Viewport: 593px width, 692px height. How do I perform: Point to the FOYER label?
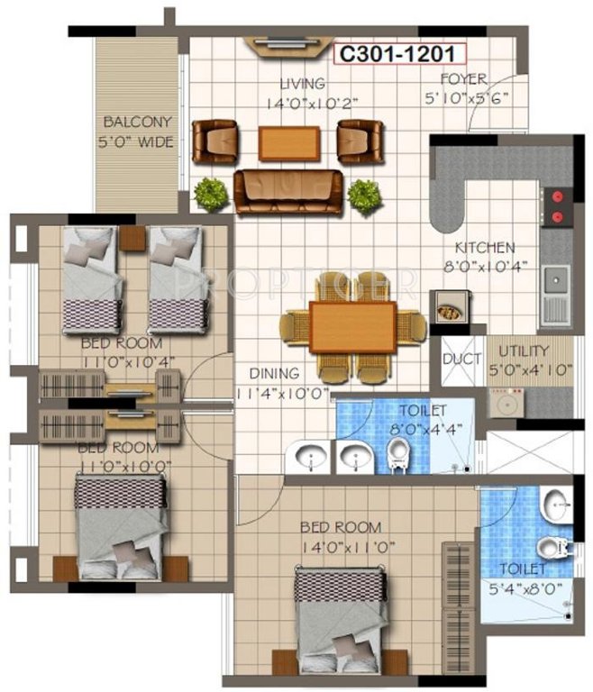point(465,79)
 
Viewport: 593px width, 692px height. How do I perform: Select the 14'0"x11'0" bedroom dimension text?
point(341,546)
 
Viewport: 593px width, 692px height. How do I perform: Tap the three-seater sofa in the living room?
point(288,189)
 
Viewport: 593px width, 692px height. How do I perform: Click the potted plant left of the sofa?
point(211,193)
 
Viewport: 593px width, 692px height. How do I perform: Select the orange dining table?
point(353,327)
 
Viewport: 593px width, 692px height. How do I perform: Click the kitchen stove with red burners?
point(556,205)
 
